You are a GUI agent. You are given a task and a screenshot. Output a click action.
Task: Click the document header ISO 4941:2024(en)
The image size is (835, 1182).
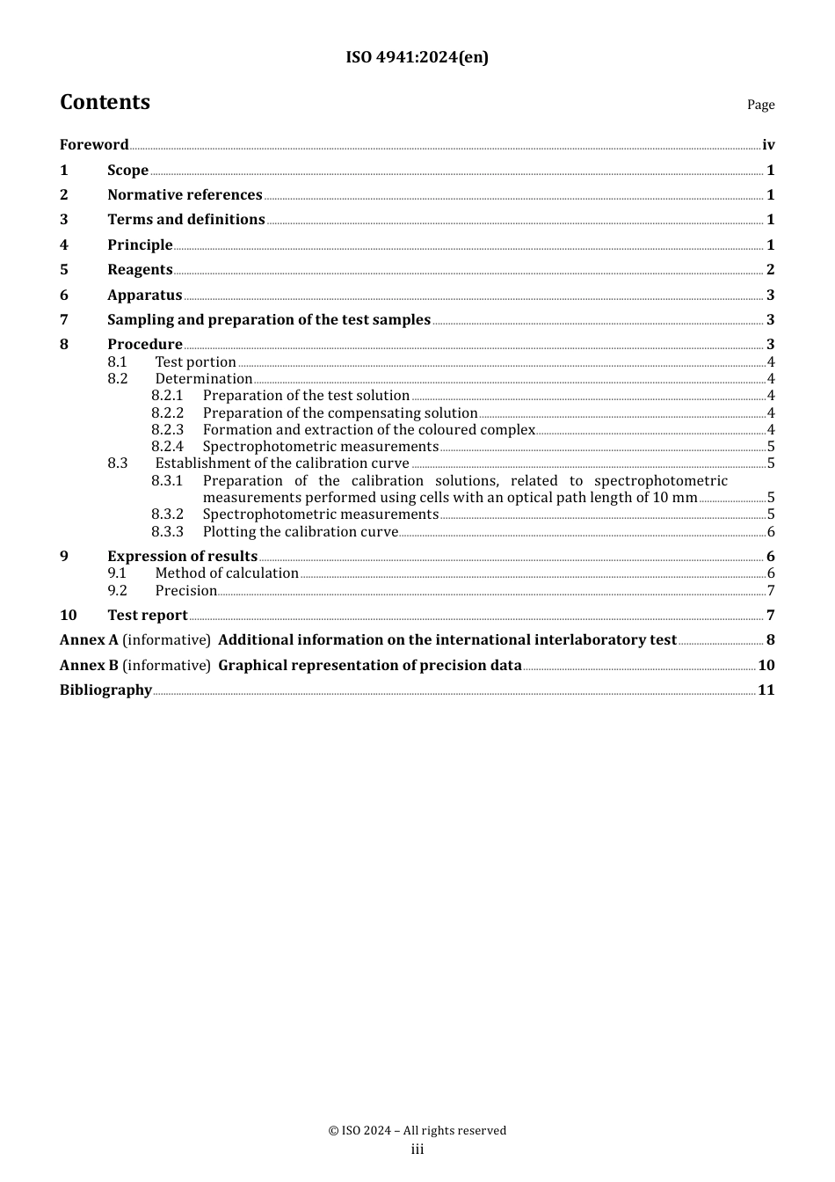click(417, 58)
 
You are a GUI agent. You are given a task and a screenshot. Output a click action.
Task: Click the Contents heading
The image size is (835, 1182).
click(105, 103)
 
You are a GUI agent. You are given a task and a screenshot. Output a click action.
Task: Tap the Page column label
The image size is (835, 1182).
click(760, 106)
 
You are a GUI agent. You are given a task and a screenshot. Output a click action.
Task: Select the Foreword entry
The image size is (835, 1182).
click(94, 145)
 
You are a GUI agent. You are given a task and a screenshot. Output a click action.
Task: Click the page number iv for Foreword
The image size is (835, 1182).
click(768, 145)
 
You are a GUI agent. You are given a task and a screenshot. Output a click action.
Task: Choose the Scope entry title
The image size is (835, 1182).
click(127, 171)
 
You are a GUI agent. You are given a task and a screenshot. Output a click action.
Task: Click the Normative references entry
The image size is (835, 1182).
click(185, 195)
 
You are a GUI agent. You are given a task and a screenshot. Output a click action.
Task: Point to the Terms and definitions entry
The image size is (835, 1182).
click(185, 220)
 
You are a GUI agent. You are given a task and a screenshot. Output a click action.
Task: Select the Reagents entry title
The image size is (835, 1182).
click(140, 270)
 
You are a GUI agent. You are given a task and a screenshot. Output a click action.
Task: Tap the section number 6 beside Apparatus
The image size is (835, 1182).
click(64, 295)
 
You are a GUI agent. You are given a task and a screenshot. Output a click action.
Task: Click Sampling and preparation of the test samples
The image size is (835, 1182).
click(268, 320)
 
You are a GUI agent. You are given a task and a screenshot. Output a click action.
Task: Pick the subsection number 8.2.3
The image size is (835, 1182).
click(167, 430)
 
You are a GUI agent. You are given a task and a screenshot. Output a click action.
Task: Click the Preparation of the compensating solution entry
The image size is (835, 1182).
click(339, 413)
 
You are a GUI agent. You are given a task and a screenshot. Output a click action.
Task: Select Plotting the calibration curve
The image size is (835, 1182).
click(300, 532)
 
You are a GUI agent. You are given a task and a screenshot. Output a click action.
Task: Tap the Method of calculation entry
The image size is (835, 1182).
click(227, 573)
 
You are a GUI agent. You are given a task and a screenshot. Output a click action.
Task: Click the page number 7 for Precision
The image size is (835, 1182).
click(771, 591)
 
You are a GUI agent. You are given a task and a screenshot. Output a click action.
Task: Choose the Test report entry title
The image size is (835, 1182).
click(147, 616)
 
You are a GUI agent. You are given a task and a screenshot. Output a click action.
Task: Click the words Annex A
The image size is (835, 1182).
click(89, 640)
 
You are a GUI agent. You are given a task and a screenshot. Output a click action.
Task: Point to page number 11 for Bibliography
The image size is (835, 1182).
click(766, 690)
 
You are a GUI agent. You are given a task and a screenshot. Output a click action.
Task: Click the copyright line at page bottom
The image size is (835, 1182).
click(417, 1131)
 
